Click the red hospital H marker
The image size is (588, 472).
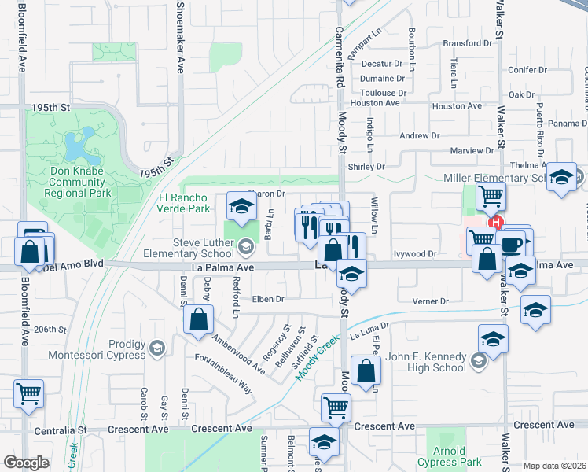(x=496, y=223)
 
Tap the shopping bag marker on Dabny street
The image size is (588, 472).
(x=199, y=319)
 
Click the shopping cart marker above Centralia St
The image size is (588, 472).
(x=29, y=393)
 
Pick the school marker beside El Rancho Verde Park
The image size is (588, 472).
(x=241, y=207)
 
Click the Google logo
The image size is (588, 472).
(x=26, y=463)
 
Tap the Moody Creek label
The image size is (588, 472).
(x=317, y=358)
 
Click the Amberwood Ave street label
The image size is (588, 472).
(x=238, y=353)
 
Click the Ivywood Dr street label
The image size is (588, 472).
(x=416, y=254)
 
